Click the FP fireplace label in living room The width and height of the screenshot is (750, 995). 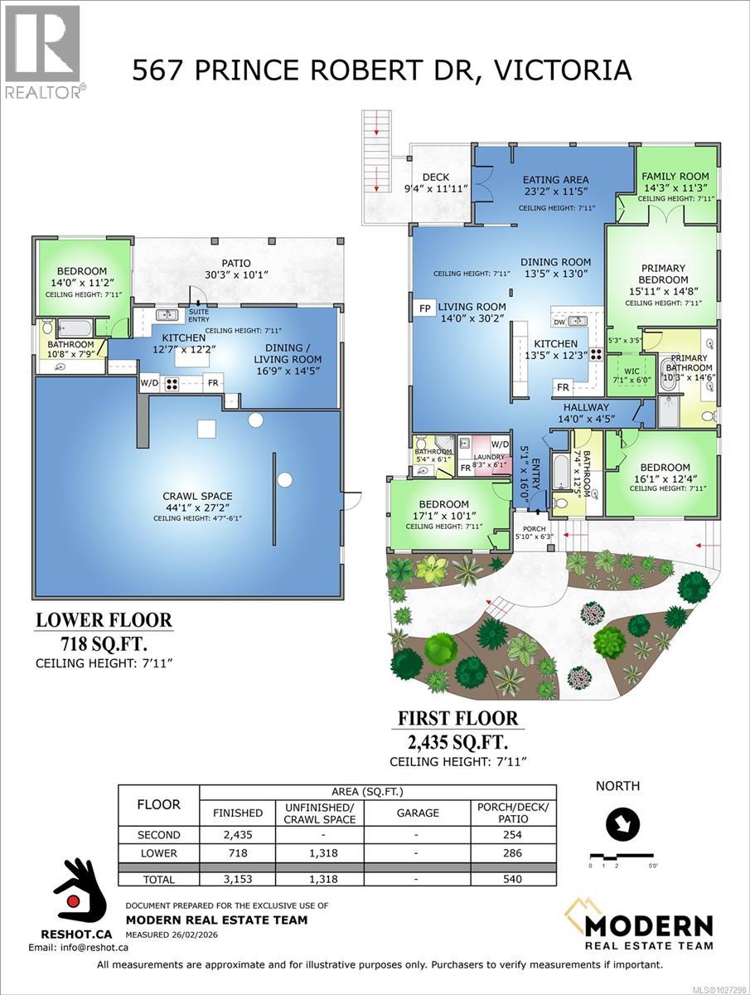[x=424, y=308]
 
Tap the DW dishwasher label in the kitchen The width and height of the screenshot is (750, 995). [x=559, y=321]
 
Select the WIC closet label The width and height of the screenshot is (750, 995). [x=631, y=371]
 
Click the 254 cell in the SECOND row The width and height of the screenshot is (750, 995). [x=512, y=835]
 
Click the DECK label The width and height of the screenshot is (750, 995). [x=435, y=177]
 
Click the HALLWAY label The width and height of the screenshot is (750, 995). [x=586, y=407]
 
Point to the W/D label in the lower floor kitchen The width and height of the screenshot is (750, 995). [x=149, y=383]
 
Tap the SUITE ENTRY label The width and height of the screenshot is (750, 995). [x=198, y=315]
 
